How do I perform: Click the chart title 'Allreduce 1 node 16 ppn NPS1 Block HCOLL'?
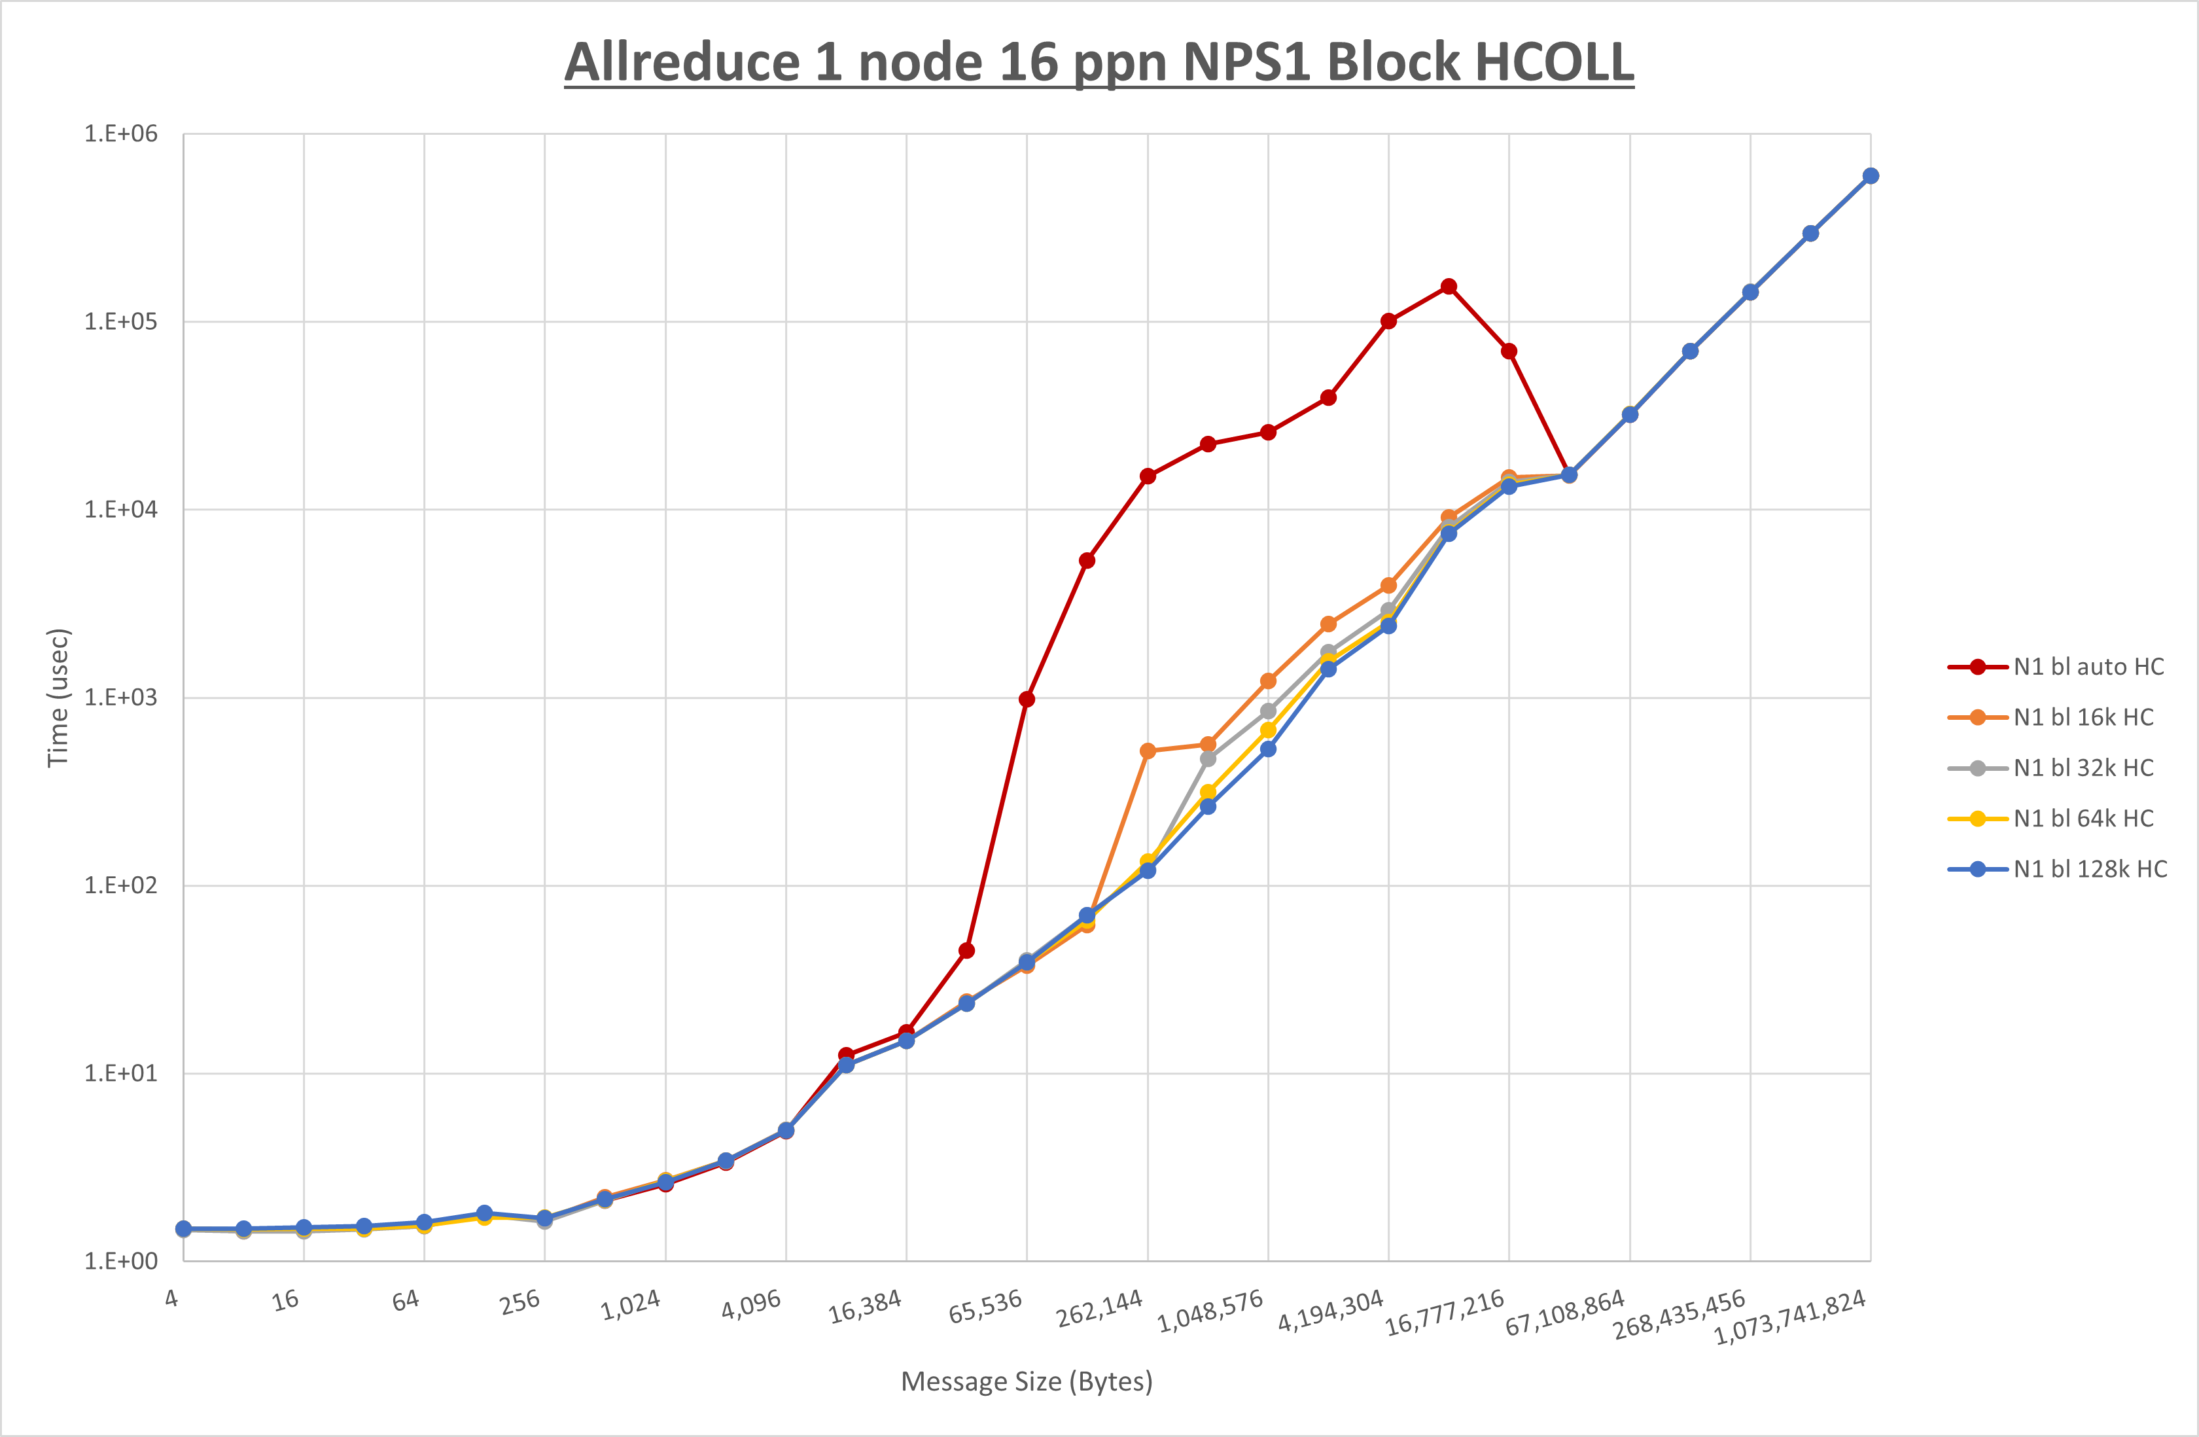(1099, 62)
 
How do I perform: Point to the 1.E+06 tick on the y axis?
(121, 134)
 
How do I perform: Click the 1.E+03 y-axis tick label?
(121, 698)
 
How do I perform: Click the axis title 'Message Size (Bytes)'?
(1027, 1381)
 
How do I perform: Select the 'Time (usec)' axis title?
(58, 698)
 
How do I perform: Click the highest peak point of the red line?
(1449, 287)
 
